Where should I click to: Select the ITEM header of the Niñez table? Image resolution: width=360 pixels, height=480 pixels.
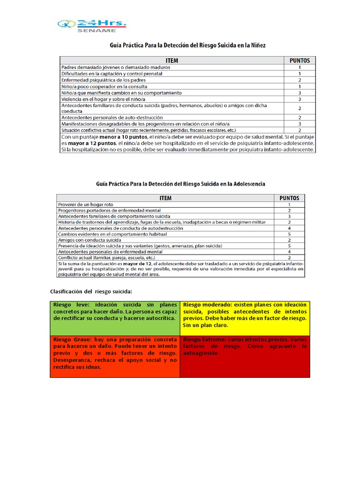[172, 60]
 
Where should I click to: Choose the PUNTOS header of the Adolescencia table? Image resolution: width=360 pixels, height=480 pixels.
[289, 198]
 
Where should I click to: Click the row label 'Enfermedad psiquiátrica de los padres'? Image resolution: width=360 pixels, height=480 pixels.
[104, 80]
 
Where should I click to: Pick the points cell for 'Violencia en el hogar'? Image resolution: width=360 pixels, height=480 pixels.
[300, 99]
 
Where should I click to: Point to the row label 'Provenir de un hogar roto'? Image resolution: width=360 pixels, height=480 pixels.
[86, 205]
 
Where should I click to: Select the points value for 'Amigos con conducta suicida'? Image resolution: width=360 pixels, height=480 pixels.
[289, 240]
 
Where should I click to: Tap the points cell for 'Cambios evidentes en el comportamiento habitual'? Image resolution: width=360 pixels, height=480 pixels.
[289, 234]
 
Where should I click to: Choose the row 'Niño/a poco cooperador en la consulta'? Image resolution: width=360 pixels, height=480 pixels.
[104, 87]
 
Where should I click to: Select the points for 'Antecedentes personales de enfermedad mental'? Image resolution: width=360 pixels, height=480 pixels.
[289, 252]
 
